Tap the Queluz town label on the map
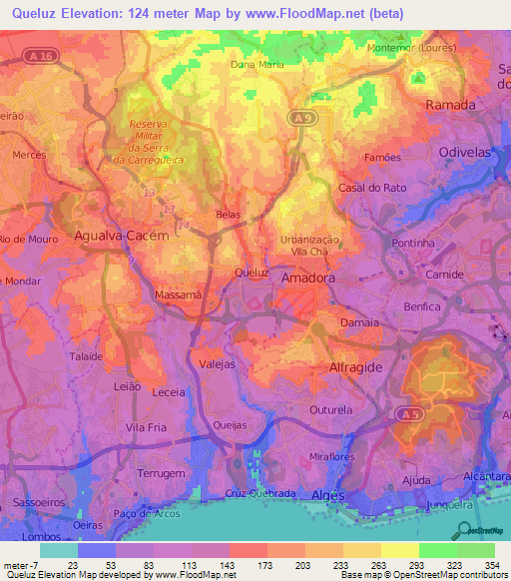pos(252,272)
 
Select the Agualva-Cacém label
pos(121,236)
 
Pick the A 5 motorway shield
pos(405,412)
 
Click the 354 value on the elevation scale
pos(490,563)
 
